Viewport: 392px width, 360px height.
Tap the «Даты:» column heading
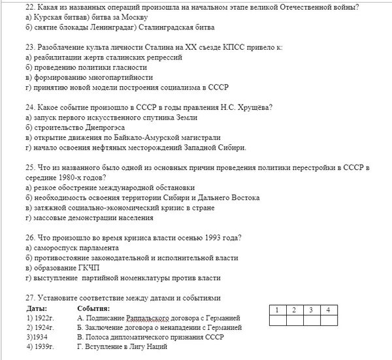pyautogui.click(x=38, y=308)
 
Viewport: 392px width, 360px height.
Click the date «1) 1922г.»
pyautogui.click(x=39, y=318)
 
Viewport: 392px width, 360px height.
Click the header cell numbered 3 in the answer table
pyautogui.click(x=312, y=308)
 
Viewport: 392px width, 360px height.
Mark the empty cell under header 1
pyautogui.click(x=277, y=319)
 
